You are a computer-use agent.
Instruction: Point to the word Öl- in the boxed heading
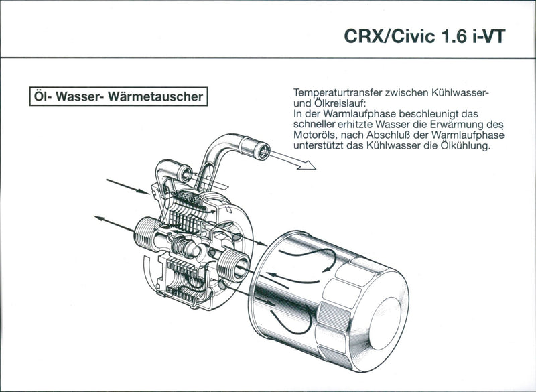42,96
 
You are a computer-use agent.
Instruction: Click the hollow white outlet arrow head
307,165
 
